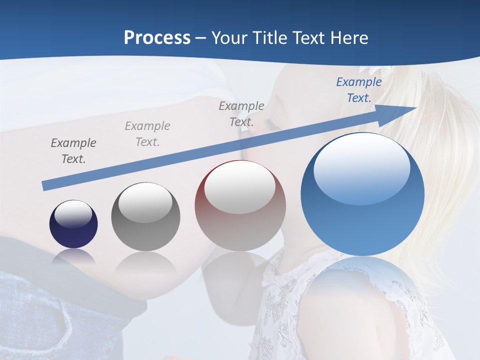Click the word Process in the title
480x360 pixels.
(157, 37)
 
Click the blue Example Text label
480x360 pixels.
(359, 90)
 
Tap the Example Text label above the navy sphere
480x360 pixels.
(73, 151)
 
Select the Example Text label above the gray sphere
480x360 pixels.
(147, 134)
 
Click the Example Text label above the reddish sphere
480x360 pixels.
(241, 113)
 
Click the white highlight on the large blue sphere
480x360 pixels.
(361, 167)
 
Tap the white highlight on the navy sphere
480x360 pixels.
(73, 214)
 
